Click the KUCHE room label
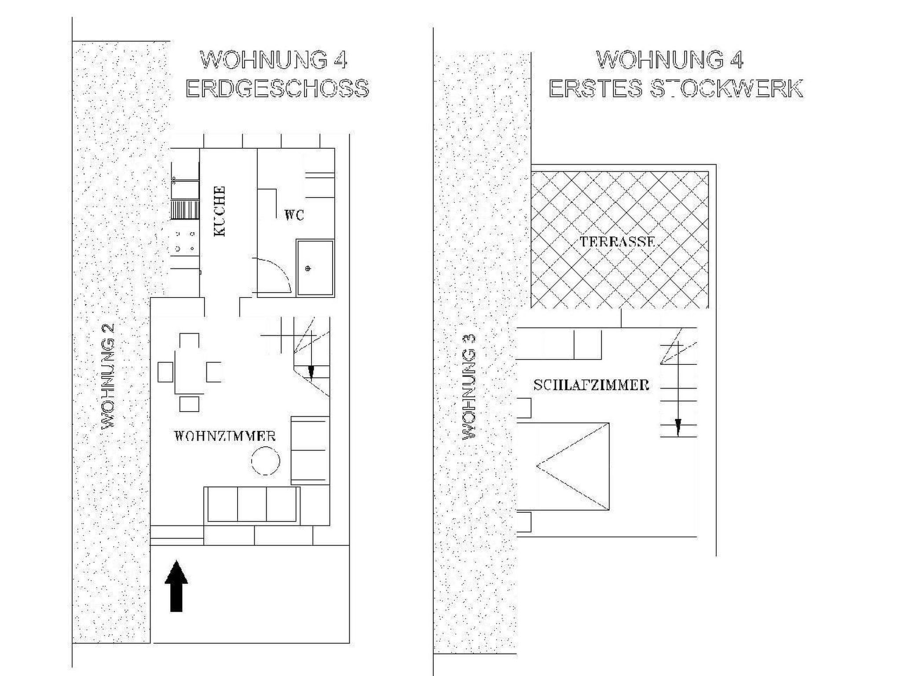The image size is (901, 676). pos(220,212)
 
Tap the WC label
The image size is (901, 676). pos(294,215)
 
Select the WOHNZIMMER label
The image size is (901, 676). pos(225,436)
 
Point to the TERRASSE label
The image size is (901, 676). pos(617,242)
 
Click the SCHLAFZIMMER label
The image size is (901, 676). pos(591,385)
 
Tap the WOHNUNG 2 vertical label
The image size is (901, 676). pos(108,376)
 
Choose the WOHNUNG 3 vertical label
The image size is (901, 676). pos(469,387)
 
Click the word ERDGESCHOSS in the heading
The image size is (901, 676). pos(277,88)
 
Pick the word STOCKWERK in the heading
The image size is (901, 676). pos(726,88)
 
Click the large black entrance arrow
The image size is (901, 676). pos(176,586)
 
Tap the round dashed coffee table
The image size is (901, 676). pos(266,460)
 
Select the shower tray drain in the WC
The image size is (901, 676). pos(308,268)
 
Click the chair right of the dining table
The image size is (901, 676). pos(214,372)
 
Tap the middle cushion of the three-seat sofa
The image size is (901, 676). pos(252,504)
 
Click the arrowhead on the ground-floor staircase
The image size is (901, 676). pos(311,373)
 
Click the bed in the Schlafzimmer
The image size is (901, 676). pos(563,467)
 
